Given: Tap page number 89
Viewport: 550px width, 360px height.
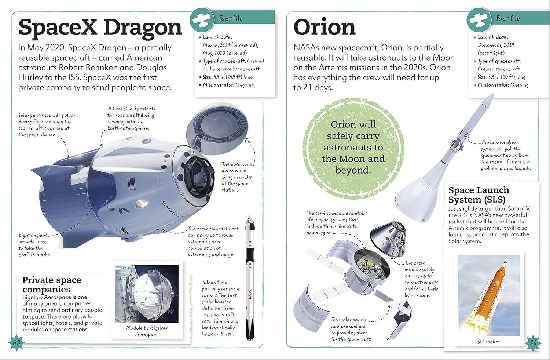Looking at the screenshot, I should pyautogui.click(x=533, y=343).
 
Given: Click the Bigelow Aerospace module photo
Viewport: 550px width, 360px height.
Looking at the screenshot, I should pyautogui.click(x=147, y=294).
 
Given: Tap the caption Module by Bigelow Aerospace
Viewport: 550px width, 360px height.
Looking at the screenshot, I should pyautogui.click(x=147, y=331).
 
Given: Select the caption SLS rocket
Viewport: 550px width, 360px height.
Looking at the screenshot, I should pyautogui.click(x=489, y=342).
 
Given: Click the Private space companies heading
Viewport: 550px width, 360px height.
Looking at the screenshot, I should pyautogui.click(x=52, y=284).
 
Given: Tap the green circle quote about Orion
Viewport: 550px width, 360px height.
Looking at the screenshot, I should pyautogui.click(x=353, y=147).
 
